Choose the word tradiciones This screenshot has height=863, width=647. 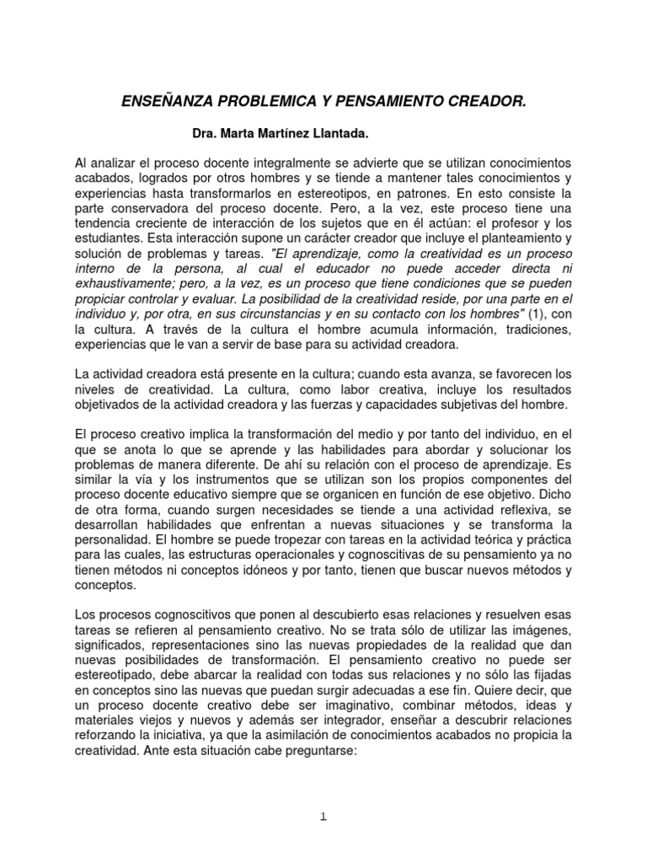pos(530,328)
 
